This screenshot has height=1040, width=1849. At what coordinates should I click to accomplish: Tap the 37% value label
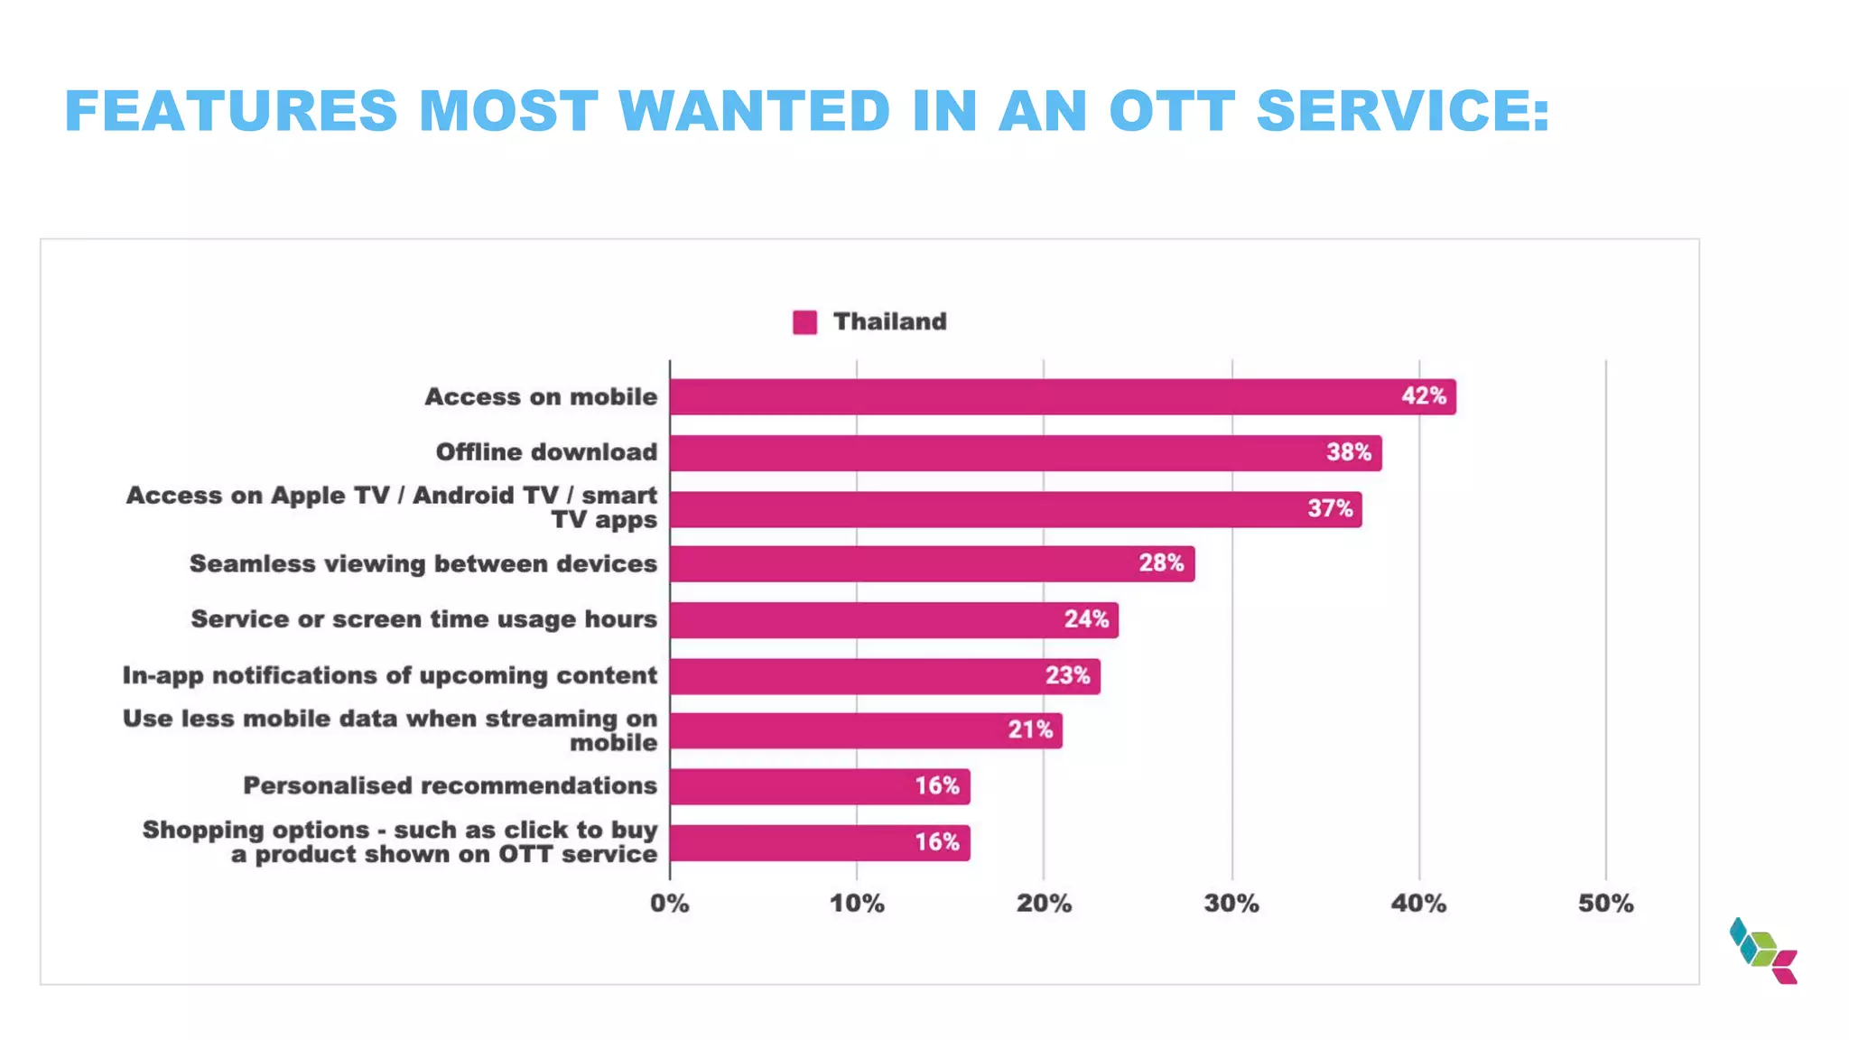pyautogui.click(x=1330, y=509)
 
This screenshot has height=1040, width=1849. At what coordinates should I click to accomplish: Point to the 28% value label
pyautogui.click(x=1161, y=563)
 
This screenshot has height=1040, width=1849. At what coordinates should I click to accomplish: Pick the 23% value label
pyautogui.click(x=1067, y=676)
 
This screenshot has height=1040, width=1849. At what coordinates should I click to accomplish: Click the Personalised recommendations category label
pyautogui.click(x=450, y=786)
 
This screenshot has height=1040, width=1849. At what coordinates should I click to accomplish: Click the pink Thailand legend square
pyautogui.click(x=804, y=322)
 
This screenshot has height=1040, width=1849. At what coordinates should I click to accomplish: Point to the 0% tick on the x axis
pyautogui.click(x=670, y=904)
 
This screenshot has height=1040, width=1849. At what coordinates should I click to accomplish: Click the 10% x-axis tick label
pyautogui.click(x=857, y=904)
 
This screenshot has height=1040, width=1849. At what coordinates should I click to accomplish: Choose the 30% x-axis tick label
pyautogui.click(x=1231, y=904)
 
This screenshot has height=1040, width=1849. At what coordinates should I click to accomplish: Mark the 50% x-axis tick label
pyautogui.click(x=1605, y=904)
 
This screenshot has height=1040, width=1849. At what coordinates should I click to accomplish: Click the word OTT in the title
pyautogui.click(x=1171, y=111)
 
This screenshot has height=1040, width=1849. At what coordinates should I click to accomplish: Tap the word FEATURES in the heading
pyautogui.click(x=231, y=111)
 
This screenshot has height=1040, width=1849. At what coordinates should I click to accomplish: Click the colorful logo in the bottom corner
pyautogui.click(x=1763, y=951)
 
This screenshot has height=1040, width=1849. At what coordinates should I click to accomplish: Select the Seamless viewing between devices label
pyautogui.click(x=423, y=564)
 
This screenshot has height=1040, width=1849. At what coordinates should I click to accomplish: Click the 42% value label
pyautogui.click(x=1424, y=396)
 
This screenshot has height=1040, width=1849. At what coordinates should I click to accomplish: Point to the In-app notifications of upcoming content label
pyautogui.click(x=389, y=676)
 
